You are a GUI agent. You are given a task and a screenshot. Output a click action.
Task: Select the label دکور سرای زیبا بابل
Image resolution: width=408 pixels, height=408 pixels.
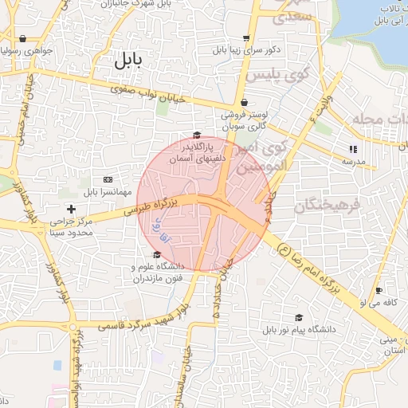point(246,49)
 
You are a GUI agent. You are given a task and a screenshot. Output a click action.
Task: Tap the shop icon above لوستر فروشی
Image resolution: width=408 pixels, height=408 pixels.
point(244,102)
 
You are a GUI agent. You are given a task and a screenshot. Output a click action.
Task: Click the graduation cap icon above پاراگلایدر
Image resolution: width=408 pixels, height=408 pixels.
point(197,135)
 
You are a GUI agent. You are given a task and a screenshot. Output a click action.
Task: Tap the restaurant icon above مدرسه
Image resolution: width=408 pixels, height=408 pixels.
point(353,148)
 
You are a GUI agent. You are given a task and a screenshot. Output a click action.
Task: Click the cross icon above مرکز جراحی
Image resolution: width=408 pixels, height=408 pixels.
point(72,209)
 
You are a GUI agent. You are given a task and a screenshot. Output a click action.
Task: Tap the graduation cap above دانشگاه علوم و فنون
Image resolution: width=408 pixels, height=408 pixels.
point(156,254)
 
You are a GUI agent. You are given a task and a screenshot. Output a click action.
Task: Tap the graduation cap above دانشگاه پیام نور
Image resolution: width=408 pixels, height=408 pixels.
point(299,317)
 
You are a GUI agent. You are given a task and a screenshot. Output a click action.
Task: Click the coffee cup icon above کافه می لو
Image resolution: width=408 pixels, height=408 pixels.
point(379,290)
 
